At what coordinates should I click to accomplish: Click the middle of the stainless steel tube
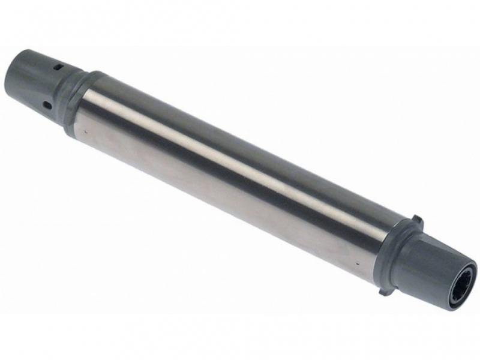(x=234, y=180)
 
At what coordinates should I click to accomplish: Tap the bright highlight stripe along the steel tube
(x=240, y=153)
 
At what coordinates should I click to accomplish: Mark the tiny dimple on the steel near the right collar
(x=358, y=263)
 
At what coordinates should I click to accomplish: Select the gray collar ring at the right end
(x=393, y=255)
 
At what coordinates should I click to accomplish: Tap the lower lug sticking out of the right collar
(x=385, y=293)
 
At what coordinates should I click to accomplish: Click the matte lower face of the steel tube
(x=228, y=204)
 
